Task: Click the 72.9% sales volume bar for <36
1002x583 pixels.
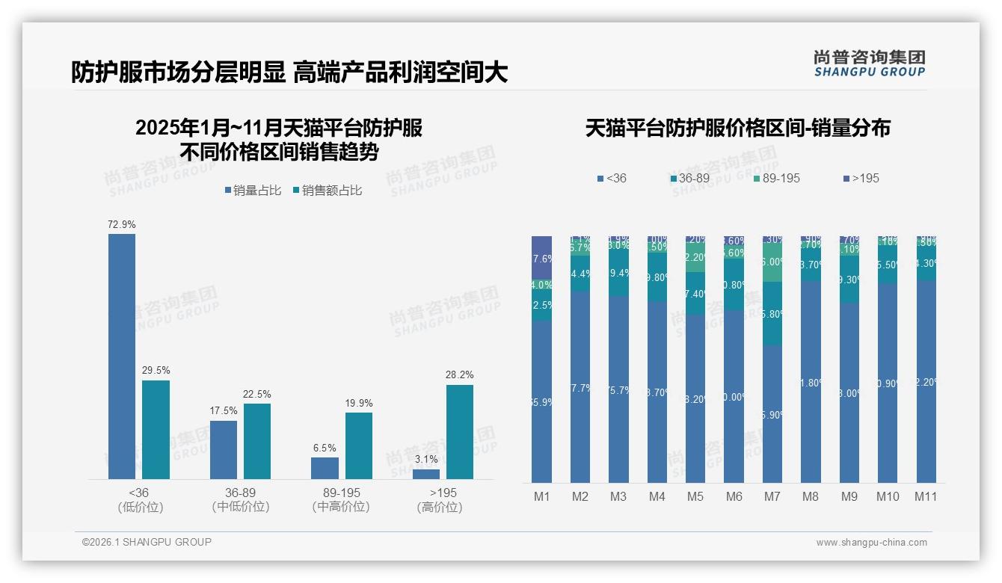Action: pos(122,357)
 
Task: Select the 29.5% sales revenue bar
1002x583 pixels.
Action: pos(156,430)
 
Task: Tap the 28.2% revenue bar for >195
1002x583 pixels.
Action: pos(460,432)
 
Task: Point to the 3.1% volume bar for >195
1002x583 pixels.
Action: pos(426,474)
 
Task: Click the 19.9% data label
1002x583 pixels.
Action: pos(359,404)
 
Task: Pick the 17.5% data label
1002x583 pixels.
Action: pos(224,411)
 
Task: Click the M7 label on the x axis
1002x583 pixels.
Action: pos(772,497)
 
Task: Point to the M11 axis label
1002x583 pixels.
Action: pos(926,497)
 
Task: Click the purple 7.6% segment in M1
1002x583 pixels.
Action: pos(542,257)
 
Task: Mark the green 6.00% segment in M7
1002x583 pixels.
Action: pos(772,262)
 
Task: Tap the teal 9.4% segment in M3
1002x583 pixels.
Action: pos(618,274)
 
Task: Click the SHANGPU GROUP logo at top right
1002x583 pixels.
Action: pos(869,64)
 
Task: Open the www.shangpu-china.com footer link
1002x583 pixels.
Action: pos(871,543)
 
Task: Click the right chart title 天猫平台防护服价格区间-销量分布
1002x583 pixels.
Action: pos(737,128)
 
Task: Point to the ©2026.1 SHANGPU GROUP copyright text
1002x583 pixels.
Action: pos(147,542)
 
